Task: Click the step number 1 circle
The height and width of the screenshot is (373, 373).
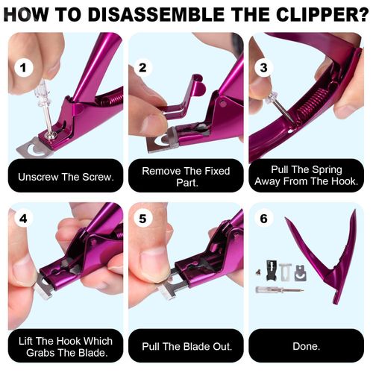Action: tap(25, 68)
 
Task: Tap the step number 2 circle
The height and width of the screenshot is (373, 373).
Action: tap(142, 68)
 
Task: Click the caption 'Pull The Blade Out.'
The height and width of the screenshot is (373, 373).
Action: tap(186, 346)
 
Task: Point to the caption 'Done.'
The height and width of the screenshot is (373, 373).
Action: tap(306, 346)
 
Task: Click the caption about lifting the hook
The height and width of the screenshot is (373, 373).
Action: tap(66, 346)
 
